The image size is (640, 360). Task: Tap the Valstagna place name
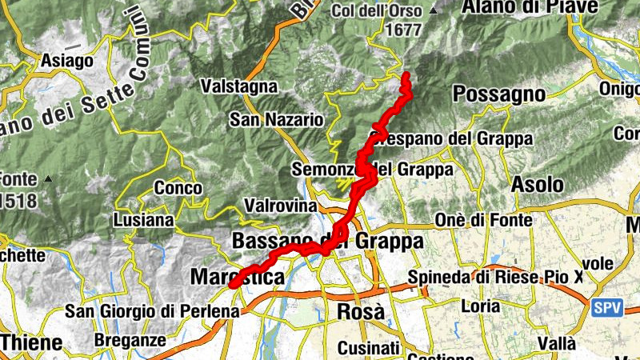239,86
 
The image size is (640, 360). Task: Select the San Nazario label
276,120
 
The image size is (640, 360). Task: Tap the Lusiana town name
143,219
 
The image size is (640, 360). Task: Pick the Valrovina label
282,206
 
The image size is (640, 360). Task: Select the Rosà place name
361,311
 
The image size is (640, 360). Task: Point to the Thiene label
32,343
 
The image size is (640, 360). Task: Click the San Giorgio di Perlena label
152,311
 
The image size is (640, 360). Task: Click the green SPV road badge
608,307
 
